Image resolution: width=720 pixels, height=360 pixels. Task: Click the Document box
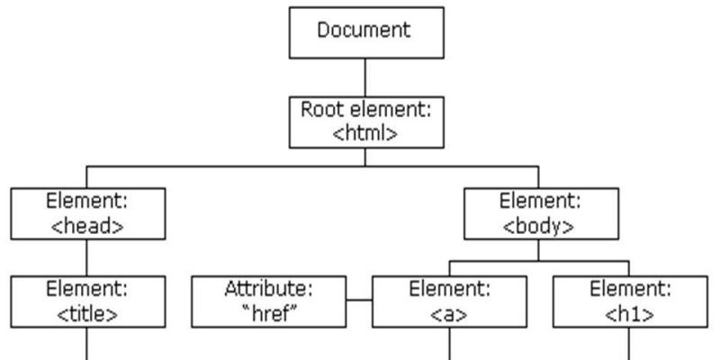(364, 32)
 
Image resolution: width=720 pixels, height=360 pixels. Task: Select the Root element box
(364, 122)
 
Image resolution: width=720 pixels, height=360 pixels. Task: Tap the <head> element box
(86, 212)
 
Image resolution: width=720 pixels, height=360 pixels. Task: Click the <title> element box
(86, 302)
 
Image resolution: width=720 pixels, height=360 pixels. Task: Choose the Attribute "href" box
(269, 302)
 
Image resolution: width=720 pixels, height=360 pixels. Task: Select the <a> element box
(448, 302)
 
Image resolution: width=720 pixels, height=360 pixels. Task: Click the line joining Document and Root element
(364, 76)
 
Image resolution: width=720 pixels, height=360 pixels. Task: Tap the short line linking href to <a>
(360, 300)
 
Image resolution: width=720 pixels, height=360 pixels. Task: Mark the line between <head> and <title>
(86, 256)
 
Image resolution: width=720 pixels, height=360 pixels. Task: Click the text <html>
(364, 133)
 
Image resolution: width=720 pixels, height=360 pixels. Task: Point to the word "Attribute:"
(269, 291)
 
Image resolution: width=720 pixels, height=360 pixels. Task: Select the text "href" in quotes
(269, 314)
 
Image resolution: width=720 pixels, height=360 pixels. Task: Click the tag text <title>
(86, 314)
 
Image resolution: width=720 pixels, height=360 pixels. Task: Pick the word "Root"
(319, 111)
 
